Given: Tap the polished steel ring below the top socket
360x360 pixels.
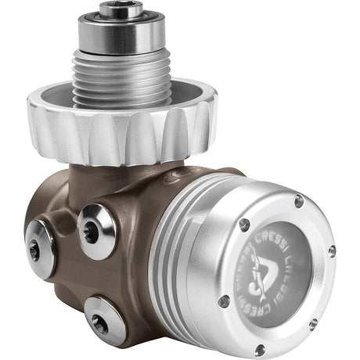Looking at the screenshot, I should tap(121, 31).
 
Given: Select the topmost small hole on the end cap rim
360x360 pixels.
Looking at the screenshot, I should tap(299, 202).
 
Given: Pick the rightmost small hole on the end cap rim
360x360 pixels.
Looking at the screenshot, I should tap(332, 251).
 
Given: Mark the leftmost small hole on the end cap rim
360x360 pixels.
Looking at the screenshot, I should tap(225, 301).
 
